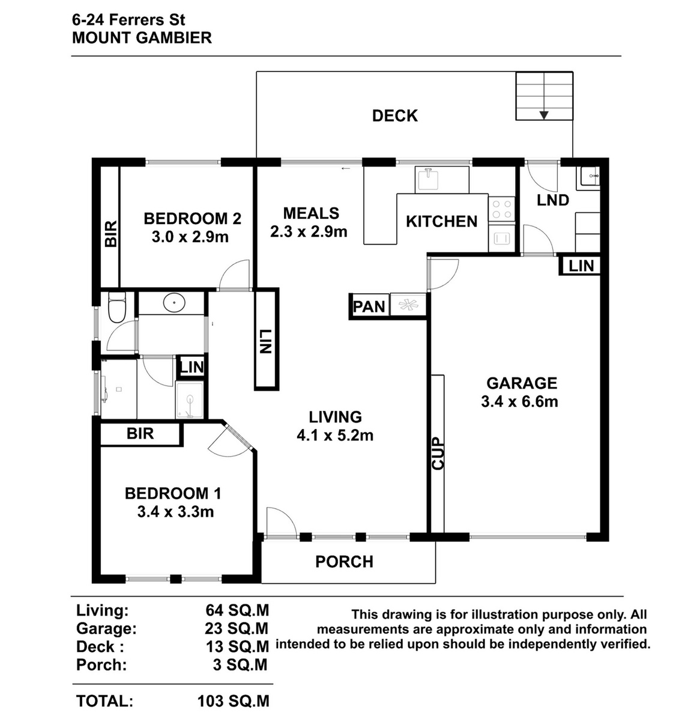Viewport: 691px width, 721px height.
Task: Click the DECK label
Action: pyautogui.click(x=394, y=116)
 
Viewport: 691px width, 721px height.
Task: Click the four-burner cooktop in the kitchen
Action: pyautogui.click(x=501, y=209)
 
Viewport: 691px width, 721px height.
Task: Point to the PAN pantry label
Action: pyautogui.click(x=369, y=306)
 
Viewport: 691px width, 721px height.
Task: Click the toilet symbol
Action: pyautogui.click(x=117, y=307)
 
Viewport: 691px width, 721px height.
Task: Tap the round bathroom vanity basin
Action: pyautogui.click(x=174, y=303)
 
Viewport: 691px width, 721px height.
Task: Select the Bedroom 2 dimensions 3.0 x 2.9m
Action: pyautogui.click(x=190, y=237)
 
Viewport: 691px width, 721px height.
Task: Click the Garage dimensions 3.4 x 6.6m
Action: pyautogui.click(x=519, y=401)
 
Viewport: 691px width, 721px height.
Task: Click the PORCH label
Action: pyautogui.click(x=344, y=562)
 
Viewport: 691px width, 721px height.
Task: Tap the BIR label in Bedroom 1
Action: pyautogui.click(x=140, y=433)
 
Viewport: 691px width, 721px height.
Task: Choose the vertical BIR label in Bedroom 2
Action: pyautogui.click(x=110, y=233)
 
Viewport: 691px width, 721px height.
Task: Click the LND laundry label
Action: pyautogui.click(x=553, y=200)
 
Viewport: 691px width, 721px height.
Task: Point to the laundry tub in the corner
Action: pyautogui.click(x=588, y=178)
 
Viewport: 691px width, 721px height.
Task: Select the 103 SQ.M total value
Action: pyautogui.click(x=233, y=701)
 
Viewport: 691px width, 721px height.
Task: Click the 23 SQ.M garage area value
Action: pyautogui.click(x=237, y=628)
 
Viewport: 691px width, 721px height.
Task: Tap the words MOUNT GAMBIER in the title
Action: pyautogui.click(x=142, y=38)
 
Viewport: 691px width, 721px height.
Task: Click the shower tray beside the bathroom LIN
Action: pyautogui.click(x=190, y=400)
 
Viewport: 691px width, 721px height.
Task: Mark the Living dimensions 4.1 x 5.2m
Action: pyautogui.click(x=335, y=436)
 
